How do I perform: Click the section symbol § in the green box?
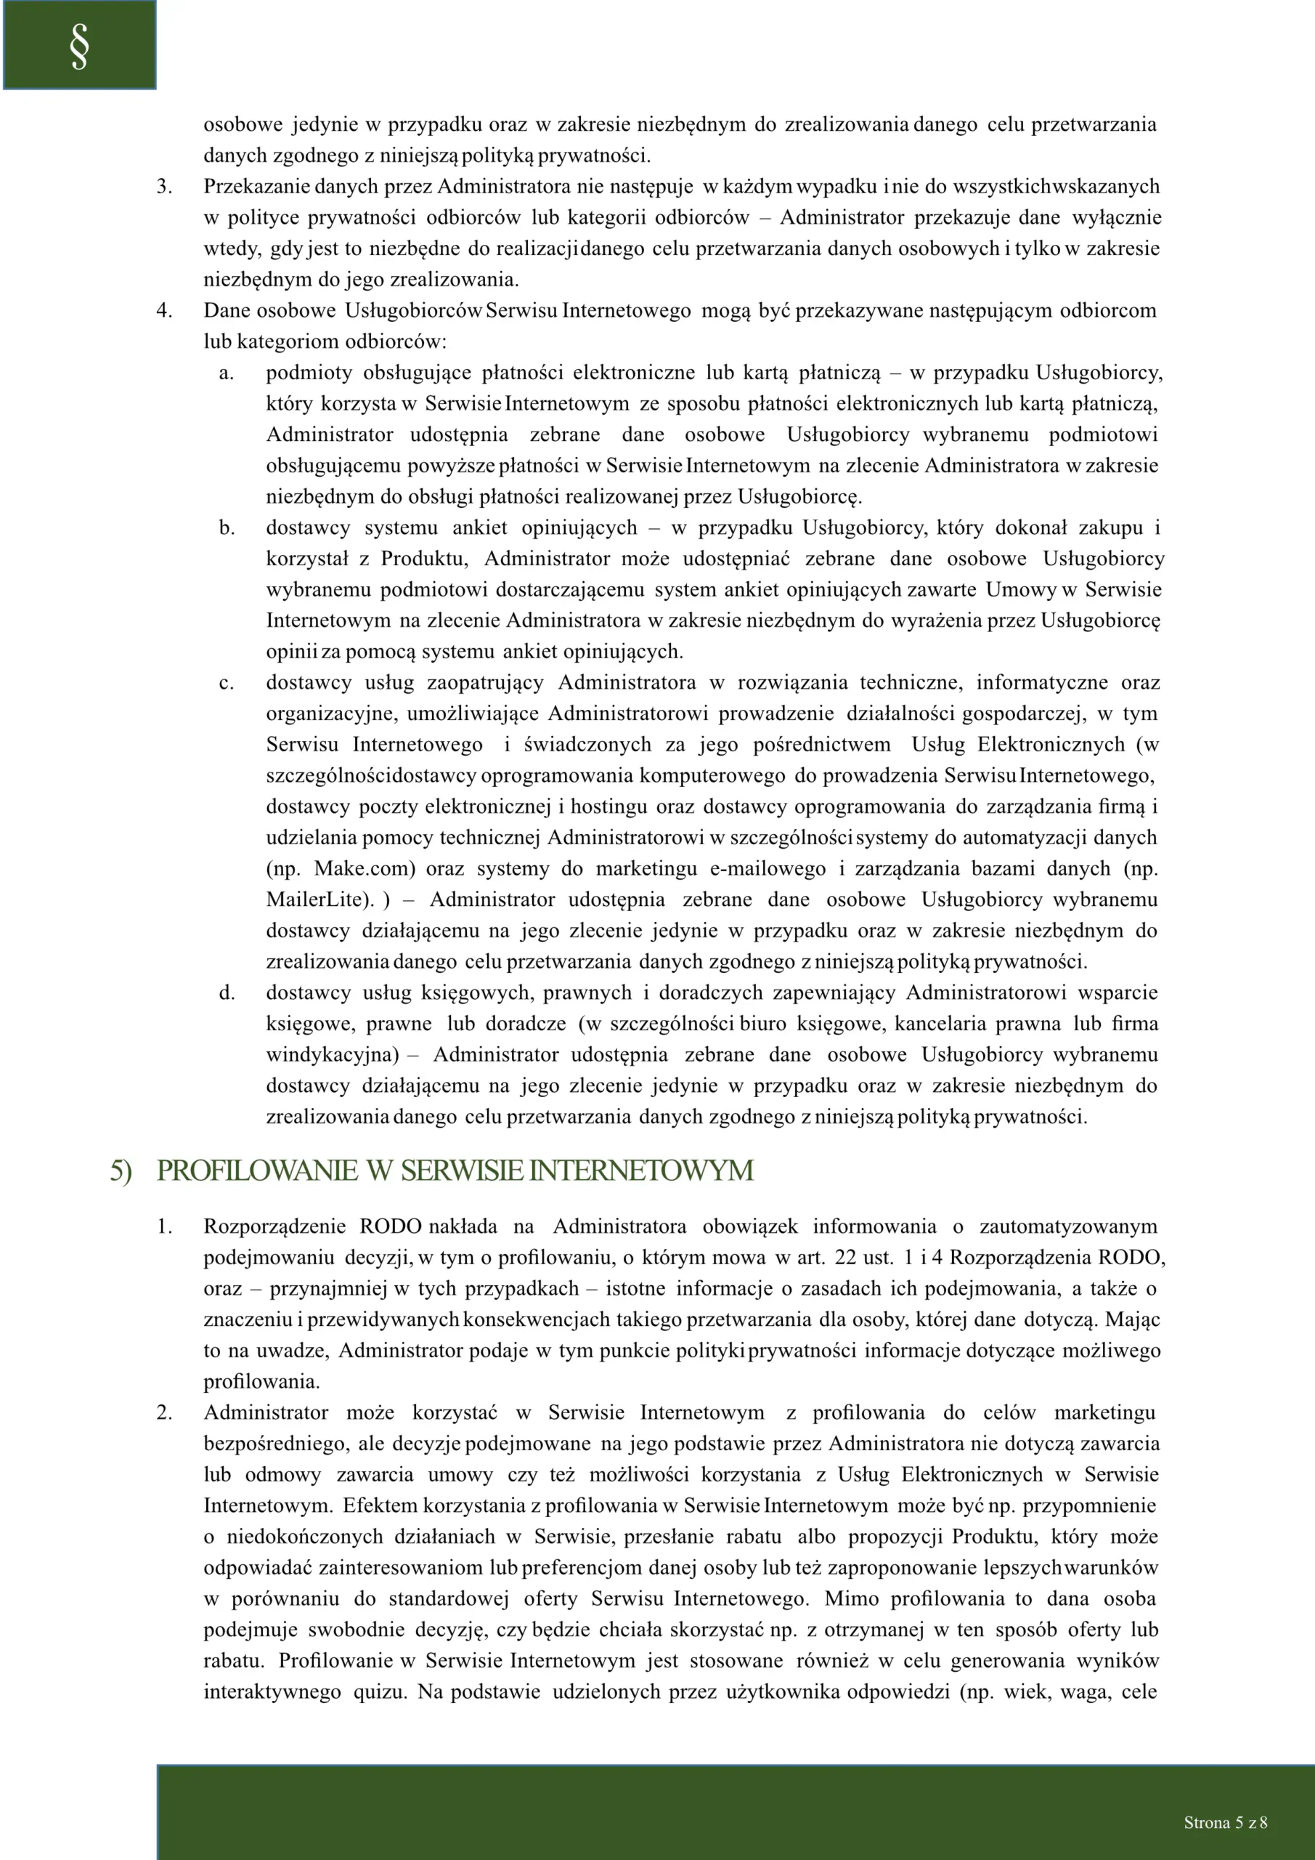[x=79, y=46]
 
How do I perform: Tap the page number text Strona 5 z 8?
[x=1225, y=1822]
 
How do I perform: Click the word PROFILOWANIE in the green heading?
[x=257, y=1170]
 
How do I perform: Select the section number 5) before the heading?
[x=121, y=1170]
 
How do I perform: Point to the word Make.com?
[x=365, y=868]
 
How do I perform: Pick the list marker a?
[x=227, y=373]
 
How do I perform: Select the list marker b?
[x=227, y=528]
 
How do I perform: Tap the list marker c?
[x=227, y=683]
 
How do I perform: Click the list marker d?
[x=227, y=993]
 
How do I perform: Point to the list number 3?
[x=164, y=186]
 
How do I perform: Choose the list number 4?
[x=164, y=310]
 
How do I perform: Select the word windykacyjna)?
[x=332, y=1055]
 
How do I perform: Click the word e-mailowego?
[x=768, y=868]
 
